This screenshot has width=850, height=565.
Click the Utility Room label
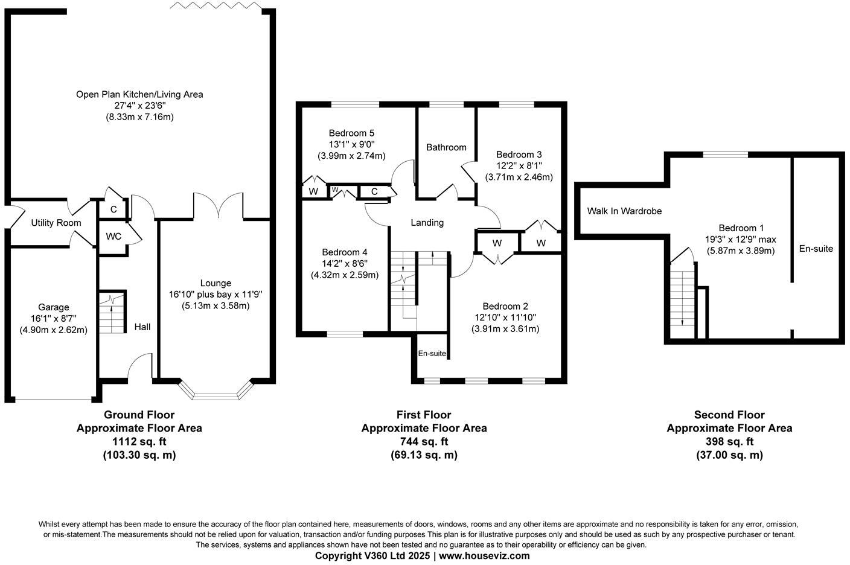point(56,223)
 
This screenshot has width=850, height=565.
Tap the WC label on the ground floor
point(113,236)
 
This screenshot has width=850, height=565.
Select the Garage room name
point(54,307)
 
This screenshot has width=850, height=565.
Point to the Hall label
point(142,327)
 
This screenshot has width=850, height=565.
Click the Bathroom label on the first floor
point(446,147)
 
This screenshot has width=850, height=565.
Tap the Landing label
point(427,223)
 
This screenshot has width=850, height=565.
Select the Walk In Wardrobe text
point(624,211)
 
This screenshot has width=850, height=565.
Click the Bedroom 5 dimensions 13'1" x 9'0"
point(351,144)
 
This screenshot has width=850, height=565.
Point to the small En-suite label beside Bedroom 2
point(432,354)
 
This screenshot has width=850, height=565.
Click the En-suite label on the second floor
point(816,248)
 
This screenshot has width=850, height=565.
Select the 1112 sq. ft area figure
point(139,441)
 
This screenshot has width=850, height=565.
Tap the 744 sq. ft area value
point(424,441)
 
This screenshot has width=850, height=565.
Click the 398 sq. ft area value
point(729,441)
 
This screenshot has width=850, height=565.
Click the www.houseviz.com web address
point(484,555)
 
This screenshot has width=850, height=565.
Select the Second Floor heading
point(729,415)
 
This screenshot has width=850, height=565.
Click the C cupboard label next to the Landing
point(374,192)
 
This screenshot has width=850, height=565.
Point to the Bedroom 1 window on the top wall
point(725,155)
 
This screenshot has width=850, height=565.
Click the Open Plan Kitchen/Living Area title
point(139,94)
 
